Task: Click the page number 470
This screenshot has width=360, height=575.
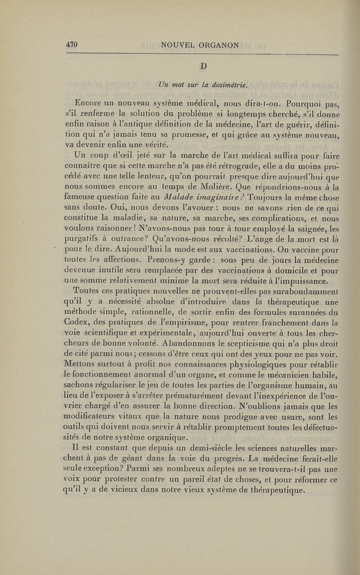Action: pyautogui.click(x=72, y=44)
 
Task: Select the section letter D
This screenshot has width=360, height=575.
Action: pyautogui.click(x=203, y=66)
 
